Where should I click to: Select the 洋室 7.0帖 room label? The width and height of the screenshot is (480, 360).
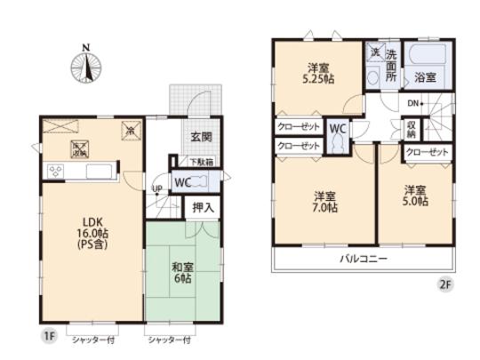click(x=324, y=202)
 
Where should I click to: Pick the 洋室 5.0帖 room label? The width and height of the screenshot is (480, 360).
click(x=414, y=196)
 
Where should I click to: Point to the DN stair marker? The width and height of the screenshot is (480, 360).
click(x=413, y=105)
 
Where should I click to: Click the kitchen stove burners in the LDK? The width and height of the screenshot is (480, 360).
click(x=55, y=171)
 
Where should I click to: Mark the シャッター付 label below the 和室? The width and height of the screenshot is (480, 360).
click(x=170, y=340)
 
